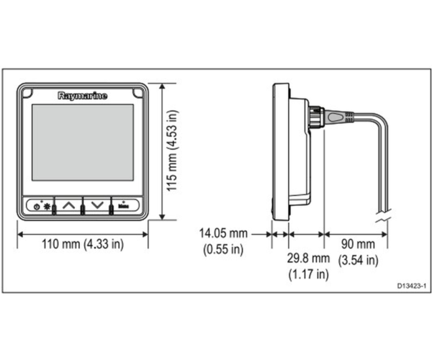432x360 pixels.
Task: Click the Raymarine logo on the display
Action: click(82, 96)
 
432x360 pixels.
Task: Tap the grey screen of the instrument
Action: click(83, 143)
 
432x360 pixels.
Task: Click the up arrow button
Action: click(69, 205)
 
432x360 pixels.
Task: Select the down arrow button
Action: click(97, 205)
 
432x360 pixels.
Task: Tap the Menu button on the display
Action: click(125, 205)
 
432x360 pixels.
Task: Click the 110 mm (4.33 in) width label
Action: click(83, 244)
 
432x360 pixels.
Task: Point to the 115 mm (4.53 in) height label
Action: click(173, 150)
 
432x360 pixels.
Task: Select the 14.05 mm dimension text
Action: click(223, 233)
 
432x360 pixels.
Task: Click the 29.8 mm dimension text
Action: click(308, 258)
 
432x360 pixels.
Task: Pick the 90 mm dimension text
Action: click(358, 244)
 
